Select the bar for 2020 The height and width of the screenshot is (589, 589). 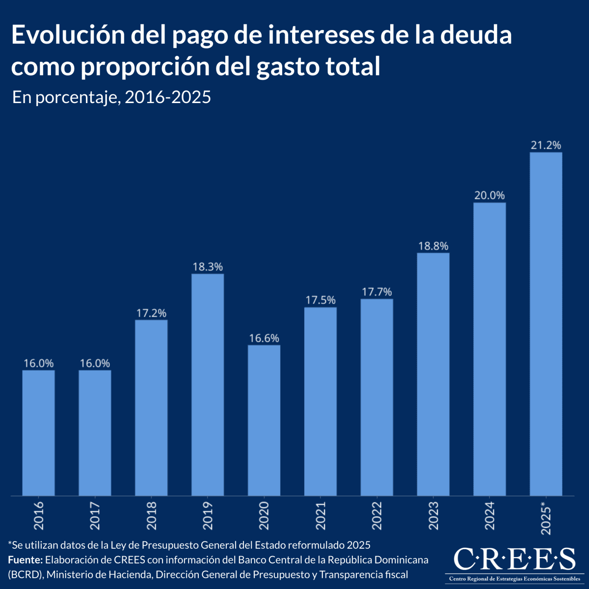[264, 420]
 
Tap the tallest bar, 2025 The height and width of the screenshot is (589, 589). [546, 324]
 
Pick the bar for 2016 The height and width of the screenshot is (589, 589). [38, 432]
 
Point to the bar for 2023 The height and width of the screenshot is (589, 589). [433, 374]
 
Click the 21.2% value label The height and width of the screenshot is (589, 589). [546, 145]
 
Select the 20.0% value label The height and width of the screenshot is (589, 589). [489, 195]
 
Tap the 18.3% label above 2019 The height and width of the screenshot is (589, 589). [208, 267]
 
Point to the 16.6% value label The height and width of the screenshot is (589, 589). [264, 338]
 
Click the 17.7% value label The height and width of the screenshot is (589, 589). [377, 292]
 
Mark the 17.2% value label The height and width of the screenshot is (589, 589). [151, 313]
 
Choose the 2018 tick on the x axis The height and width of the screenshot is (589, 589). [151, 515]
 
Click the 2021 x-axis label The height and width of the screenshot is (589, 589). [321, 515]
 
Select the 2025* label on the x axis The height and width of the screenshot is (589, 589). [546, 517]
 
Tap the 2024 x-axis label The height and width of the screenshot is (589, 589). [489, 515]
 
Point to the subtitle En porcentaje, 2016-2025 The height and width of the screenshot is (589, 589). [111, 97]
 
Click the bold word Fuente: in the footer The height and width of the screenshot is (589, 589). [26, 560]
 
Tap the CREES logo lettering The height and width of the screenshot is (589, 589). [514, 559]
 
